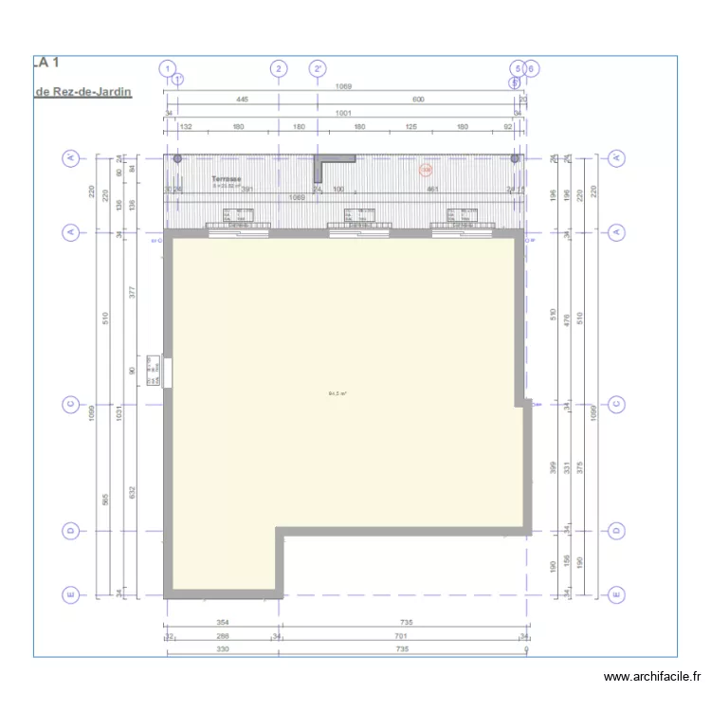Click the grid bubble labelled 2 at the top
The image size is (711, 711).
[278, 68]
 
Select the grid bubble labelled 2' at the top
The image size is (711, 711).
[319, 68]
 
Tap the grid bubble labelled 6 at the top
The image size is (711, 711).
[531, 68]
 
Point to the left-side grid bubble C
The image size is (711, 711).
[69, 405]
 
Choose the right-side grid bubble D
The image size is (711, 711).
[617, 531]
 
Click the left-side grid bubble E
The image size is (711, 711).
[69, 595]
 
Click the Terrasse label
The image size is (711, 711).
[226, 178]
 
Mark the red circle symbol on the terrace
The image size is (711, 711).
[426, 171]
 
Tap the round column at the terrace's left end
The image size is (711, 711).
[176, 158]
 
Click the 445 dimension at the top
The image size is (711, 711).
[242, 100]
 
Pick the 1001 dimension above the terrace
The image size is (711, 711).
[343, 113]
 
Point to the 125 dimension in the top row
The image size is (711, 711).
[411, 126]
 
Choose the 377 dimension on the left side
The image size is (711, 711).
[133, 292]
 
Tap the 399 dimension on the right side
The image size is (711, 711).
[553, 466]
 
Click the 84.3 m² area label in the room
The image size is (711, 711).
[337, 393]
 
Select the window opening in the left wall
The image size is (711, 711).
[167, 370]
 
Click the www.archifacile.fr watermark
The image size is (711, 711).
[652, 677]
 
